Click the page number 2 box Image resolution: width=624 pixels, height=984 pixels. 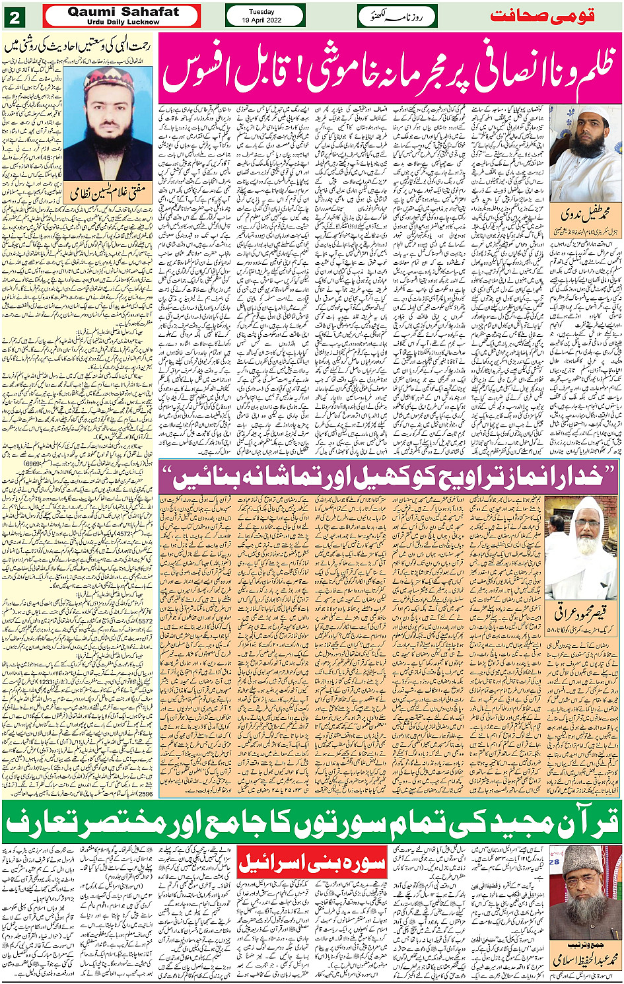(15, 16)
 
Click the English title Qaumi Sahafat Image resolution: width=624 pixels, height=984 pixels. (123, 11)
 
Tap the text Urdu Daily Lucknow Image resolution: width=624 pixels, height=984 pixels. (123, 22)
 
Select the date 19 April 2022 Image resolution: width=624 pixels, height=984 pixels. (265, 20)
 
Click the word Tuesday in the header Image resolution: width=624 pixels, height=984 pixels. (265, 11)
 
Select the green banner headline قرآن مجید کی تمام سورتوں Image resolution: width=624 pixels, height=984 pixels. (312, 820)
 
